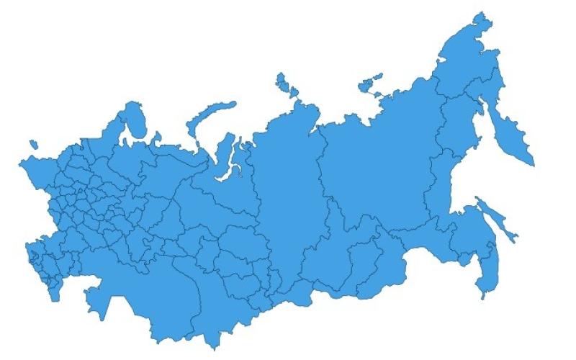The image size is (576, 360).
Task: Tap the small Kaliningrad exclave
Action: [30, 144]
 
